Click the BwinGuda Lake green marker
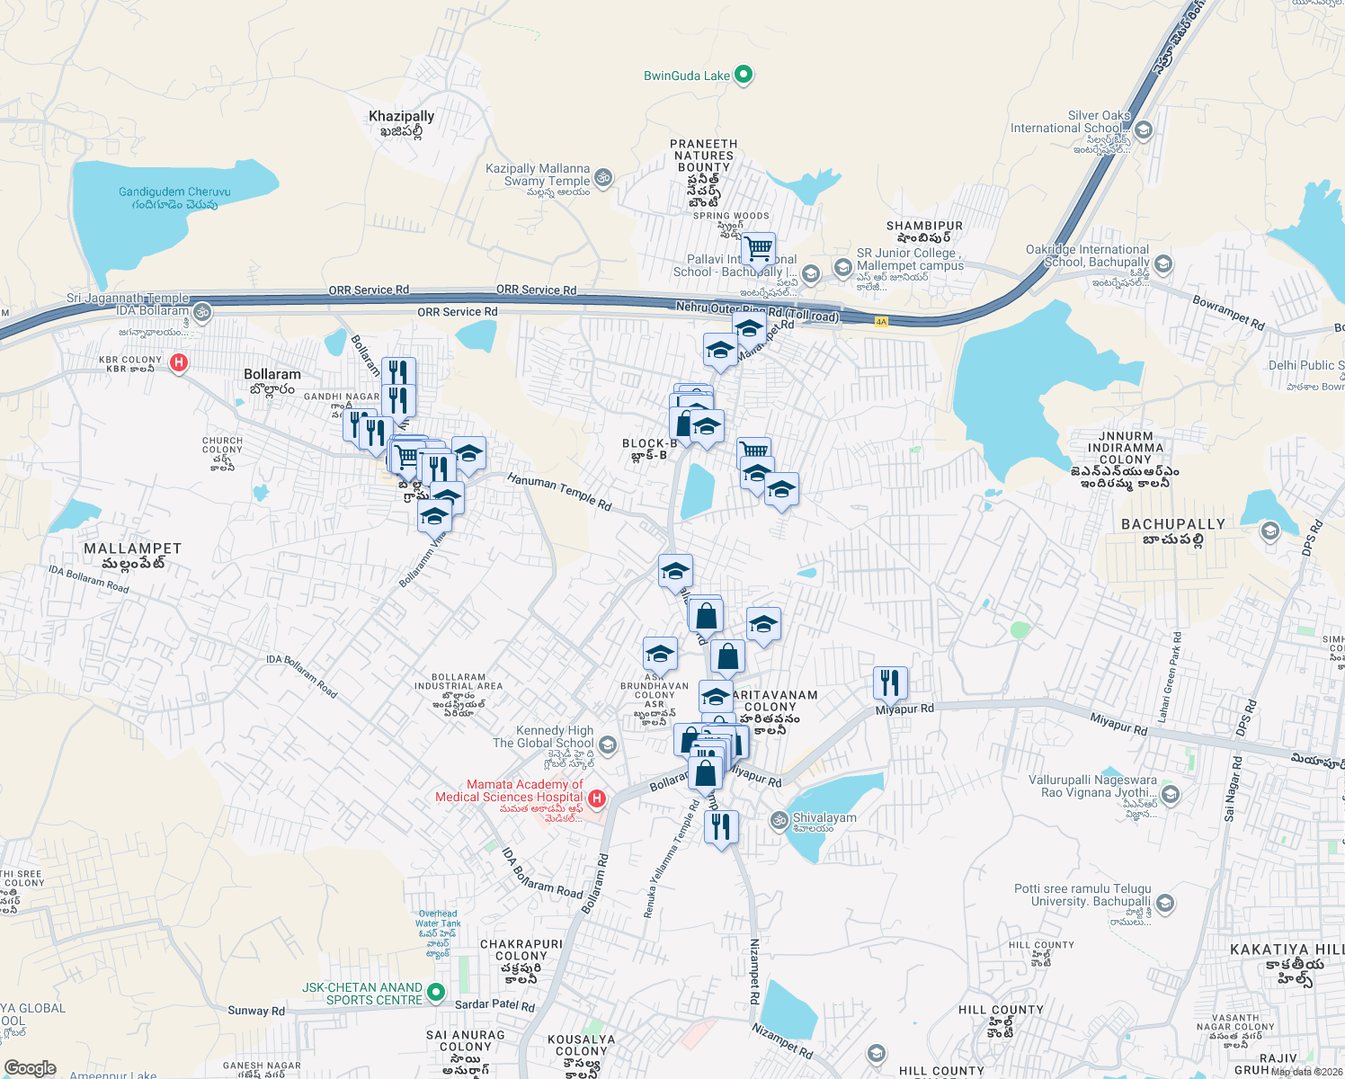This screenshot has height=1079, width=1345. (x=744, y=75)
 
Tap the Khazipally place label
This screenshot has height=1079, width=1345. (x=401, y=116)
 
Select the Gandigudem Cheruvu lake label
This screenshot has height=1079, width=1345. (x=174, y=192)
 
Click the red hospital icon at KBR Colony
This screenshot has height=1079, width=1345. (x=179, y=362)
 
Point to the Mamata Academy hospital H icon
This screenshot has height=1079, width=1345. (x=596, y=798)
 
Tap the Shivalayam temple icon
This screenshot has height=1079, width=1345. (x=779, y=819)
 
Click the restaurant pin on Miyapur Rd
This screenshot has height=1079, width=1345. (x=889, y=683)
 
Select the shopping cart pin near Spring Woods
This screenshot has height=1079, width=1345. (x=758, y=247)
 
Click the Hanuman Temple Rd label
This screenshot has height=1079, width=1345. (x=559, y=492)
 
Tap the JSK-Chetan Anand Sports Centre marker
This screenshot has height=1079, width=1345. (x=436, y=993)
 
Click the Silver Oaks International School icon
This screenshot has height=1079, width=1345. (x=1143, y=129)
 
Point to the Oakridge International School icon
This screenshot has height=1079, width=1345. (x=1163, y=263)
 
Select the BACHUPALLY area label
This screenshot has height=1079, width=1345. (x=1172, y=524)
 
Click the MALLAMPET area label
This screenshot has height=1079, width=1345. (x=132, y=548)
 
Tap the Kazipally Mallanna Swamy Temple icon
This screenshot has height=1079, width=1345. (x=603, y=177)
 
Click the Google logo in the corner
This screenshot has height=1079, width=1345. (x=30, y=1068)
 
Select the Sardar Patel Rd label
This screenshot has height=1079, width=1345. (x=494, y=1005)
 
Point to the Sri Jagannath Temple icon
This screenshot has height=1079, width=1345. (x=202, y=312)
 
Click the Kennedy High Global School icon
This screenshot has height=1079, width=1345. (x=608, y=745)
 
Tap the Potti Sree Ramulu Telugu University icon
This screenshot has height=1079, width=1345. (x=1165, y=902)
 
